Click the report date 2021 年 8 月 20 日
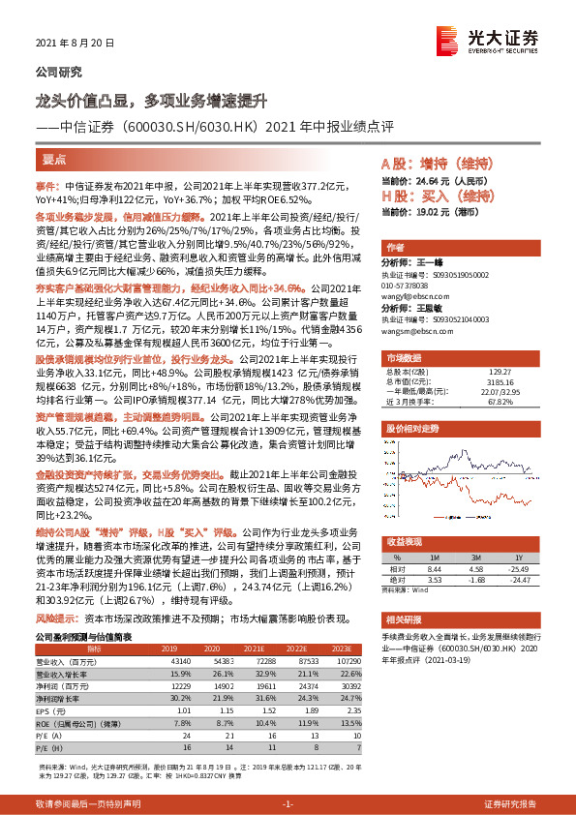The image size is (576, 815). click(x=75, y=45)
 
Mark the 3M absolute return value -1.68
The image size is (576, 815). click(x=476, y=580)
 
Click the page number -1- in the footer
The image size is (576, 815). click(x=288, y=804)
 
